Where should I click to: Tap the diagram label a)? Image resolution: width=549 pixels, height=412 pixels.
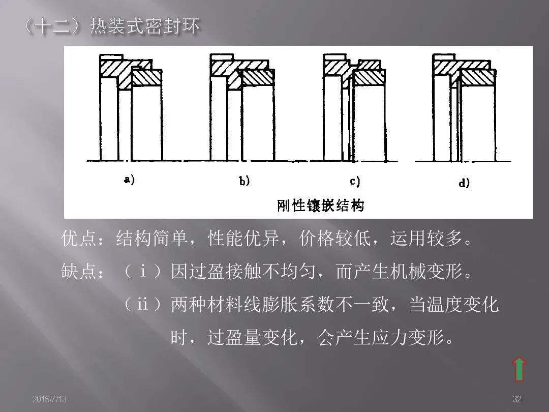point(129,180)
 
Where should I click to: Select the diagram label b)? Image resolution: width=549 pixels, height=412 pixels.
point(245,181)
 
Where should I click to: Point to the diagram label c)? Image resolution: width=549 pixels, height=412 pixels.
point(354,181)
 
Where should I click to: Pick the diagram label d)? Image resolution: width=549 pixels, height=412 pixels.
point(464,183)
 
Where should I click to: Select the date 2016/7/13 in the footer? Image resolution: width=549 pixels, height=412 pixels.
point(49,400)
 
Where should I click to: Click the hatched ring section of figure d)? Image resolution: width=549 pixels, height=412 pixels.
point(477,77)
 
